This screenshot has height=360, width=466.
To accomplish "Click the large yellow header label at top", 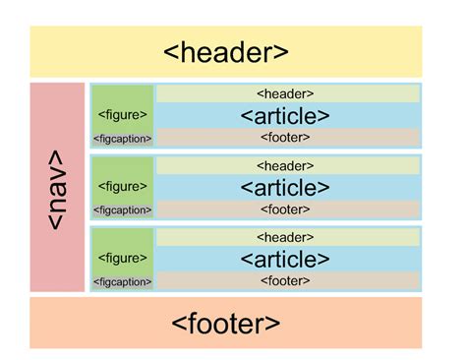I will point(226,52).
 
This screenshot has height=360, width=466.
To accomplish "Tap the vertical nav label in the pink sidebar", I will point(56,188).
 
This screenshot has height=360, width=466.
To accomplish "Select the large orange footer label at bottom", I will point(226,323).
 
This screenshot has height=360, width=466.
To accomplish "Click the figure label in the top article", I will point(123,115).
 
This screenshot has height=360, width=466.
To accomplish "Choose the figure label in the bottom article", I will point(123,259).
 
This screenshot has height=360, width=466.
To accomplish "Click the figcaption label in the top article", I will point(123,139).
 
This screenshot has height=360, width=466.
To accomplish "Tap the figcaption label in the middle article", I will point(123,210).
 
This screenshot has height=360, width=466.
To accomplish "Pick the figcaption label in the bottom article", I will point(123,282).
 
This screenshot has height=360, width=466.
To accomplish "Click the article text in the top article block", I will point(285,116).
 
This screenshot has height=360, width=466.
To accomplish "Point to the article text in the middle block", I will point(285,188).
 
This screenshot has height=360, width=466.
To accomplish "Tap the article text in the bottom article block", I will point(285,260).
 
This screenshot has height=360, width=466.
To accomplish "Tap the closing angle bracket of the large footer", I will point(274,324).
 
